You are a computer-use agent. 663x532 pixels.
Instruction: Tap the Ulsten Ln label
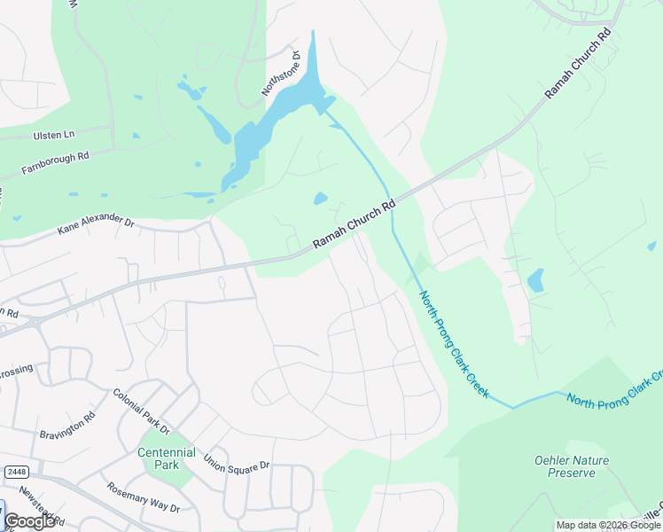(56, 134)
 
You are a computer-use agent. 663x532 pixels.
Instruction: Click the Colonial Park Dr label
(141, 411)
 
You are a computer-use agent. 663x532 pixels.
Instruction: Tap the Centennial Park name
(166, 458)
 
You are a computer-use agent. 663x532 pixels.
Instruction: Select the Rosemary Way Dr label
(143, 497)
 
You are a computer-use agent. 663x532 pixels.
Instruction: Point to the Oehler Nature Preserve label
(565, 466)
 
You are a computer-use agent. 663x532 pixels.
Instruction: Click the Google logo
(29, 521)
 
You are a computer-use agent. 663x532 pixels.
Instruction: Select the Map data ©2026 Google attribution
(607, 525)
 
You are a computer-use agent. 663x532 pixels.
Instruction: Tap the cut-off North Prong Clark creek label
(613, 390)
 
